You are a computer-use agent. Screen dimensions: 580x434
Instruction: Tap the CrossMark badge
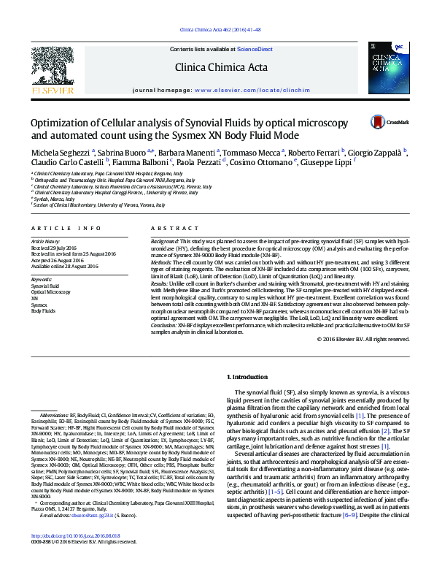coord(392,123)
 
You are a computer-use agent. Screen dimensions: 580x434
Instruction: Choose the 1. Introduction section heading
coord(249,377)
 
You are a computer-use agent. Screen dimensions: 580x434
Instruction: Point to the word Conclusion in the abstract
coord(165,325)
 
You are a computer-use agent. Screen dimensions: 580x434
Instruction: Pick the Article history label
coord(45,240)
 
